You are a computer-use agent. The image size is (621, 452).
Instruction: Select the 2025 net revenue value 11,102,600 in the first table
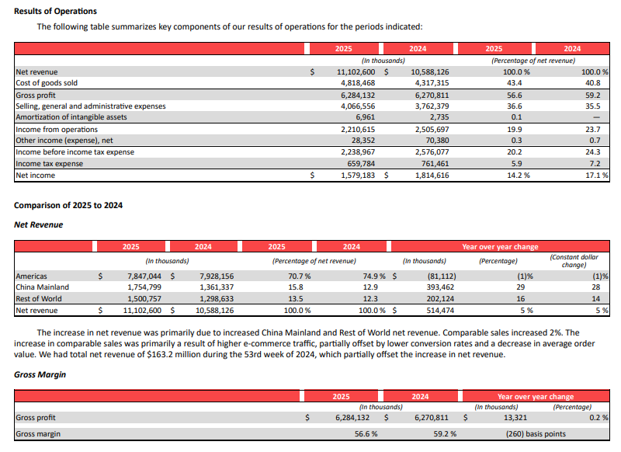click(356, 72)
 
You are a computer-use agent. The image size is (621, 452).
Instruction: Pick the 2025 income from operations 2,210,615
click(358, 130)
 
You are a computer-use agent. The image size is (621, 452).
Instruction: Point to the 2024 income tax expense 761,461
click(432, 164)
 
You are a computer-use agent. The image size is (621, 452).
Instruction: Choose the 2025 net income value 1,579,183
click(357, 176)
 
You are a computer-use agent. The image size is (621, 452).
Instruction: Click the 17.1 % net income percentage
click(596, 176)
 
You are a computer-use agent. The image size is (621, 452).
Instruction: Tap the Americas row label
click(31, 276)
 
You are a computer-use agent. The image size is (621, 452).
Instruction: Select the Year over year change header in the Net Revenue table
click(500, 247)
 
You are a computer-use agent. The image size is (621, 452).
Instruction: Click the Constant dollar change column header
click(573, 260)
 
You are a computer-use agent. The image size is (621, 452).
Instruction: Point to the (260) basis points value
click(536, 434)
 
